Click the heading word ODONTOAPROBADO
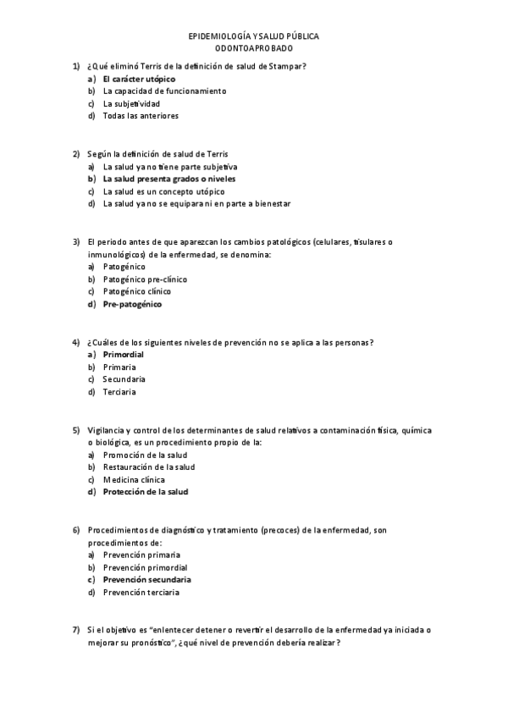tap(253, 49)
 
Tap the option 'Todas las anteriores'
tap(141, 116)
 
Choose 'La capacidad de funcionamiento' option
tap(164, 91)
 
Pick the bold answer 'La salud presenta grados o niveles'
tap(169, 179)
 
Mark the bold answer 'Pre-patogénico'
tap(132, 304)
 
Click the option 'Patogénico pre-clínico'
tap(145, 279)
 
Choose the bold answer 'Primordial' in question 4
tap(123, 355)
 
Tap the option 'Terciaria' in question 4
tap(119, 392)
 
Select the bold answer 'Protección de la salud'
tap(145, 492)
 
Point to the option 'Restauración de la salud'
tap(149, 467)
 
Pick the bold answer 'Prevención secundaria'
tap(146, 580)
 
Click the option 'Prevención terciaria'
tap(141, 593)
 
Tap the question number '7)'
tap(75, 631)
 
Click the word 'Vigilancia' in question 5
tap(106, 430)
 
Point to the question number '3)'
tap(75, 242)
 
